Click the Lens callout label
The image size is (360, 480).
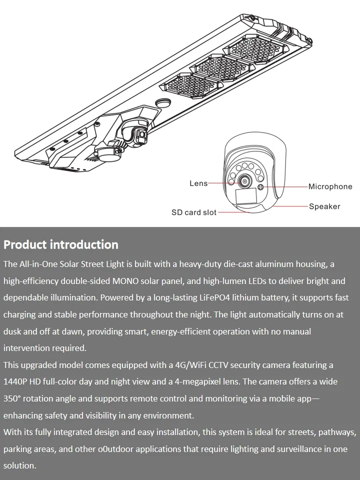coord(198,183)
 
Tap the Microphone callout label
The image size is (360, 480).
coord(330,186)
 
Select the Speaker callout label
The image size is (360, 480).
coord(324,206)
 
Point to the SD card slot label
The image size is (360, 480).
coord(194,212)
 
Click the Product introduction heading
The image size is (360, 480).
coord(61,244)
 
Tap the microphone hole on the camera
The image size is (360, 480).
coord(260,187)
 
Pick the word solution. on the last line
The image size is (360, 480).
coord(20,465)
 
